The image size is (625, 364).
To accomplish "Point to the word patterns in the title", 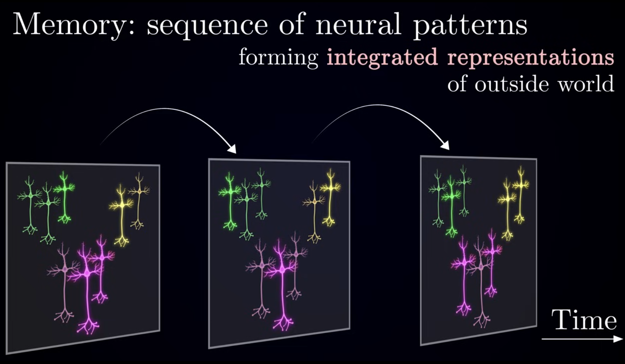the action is [x=470, y=26].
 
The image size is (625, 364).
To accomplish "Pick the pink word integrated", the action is [x=382, y=58].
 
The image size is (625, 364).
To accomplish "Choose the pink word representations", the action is [x=530, y=58].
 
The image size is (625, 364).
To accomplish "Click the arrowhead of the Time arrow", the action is [x=618, y=339].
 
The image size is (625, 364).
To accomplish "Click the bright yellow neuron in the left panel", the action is [x=121, y=214].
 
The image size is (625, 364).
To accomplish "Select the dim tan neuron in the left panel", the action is [x=139, y=201].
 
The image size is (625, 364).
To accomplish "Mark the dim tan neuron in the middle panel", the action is [x=314, y=212].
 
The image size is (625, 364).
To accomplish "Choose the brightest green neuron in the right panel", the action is [x=451, y=206].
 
